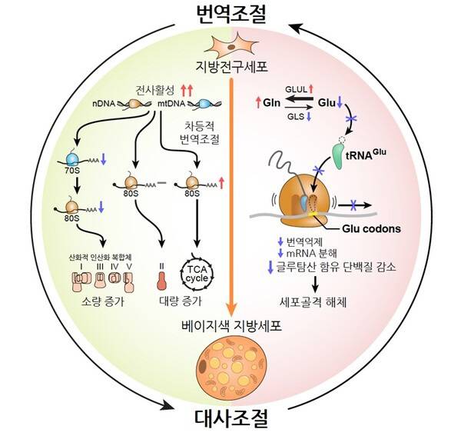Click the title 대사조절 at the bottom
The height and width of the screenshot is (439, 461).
(x=230, y=421)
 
